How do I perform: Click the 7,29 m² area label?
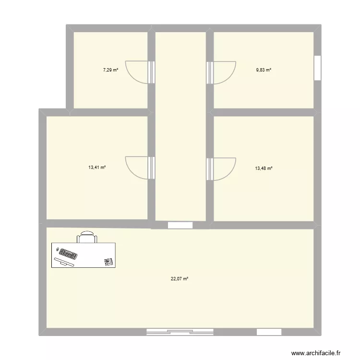(x=110, y=70)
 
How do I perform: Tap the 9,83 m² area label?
(x=264, y=70)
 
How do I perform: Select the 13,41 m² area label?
(x=97, y=168)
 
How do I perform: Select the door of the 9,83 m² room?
(x=222, y=72)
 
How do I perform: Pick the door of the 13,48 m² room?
(x=222, y=168)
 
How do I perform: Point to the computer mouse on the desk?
(x=58, y=250)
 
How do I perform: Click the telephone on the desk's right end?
(x=108, y=261)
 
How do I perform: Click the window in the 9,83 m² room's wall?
(x=317, y=68)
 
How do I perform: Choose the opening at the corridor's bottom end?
(x=180, y=225)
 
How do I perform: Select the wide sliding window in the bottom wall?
(x=180, y=332)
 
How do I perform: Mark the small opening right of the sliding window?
(x=269, y=332)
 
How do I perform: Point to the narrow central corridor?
(x=180, y=125)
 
